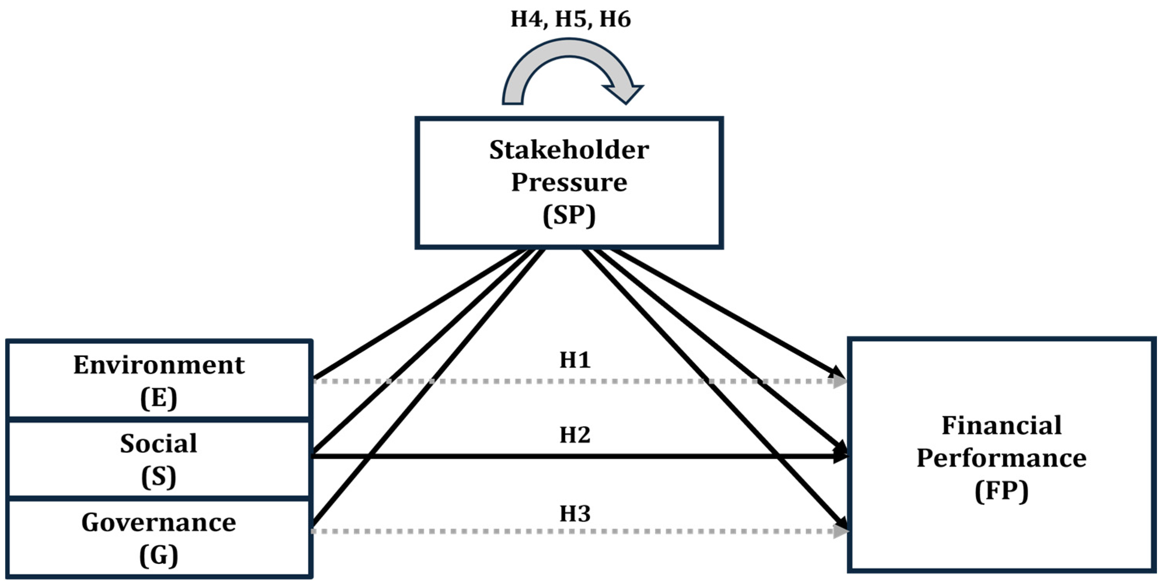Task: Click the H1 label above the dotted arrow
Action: pos(575,360)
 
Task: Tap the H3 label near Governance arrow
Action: pos(575,514)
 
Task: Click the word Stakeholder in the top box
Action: pos(569,150)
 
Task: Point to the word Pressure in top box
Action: pos(569,182)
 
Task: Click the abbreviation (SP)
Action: pos(569,215)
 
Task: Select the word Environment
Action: pos(159,365)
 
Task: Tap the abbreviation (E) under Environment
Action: pos(159,398)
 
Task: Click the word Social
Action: pos(159,444)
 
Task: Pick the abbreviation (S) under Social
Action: pos(159,477)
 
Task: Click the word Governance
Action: pos(159,523)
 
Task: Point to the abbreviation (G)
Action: pos(159,556)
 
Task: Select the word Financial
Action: pos(1001,425)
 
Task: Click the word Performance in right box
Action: pos(1001,458)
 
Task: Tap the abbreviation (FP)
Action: pos(1001,491)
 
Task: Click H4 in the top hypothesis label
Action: pos(526,19)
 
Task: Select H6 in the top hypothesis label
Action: pos(615,19)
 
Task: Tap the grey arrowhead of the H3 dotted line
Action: pos(840,531)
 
